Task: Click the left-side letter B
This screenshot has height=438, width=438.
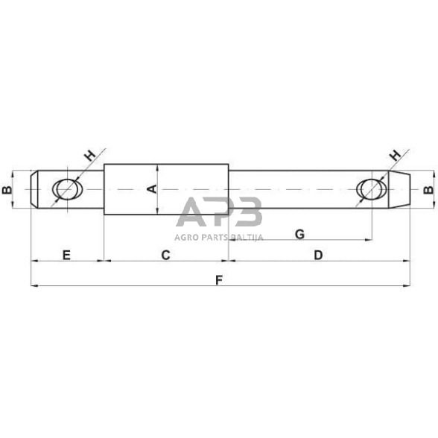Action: [7, 191]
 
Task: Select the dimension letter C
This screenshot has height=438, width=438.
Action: [166, 255]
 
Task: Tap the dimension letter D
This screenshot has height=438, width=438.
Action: [318, 255]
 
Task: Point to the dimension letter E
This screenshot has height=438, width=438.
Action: [66, 255]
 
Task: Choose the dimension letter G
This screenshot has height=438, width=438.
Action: [299, 234]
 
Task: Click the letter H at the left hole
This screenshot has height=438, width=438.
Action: [89, 156]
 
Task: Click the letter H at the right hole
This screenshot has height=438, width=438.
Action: [395, 156]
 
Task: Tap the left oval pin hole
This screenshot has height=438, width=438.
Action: [66, 191]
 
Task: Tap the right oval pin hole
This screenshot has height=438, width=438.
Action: [370, 190]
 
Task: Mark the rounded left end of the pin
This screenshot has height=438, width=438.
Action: [34, 191]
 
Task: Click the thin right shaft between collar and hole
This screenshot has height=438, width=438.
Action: [291, 190]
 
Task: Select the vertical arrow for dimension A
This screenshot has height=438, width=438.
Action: [158, 190]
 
